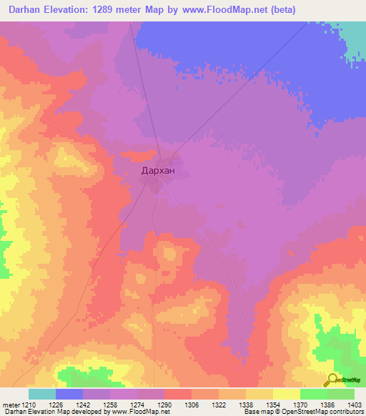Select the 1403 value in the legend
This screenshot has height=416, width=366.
pyautogui.click(x=355, y=404)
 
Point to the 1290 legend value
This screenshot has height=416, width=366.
pyautogui.click(x=164, y=404)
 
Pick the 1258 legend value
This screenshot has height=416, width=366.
pyautogui.click(x=110, y=404)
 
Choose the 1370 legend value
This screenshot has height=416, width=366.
pyautogui.click(x=300, y=404)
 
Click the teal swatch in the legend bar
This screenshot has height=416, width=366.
pyautogui.click(x=42, y=394)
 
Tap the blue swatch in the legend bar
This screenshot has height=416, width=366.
pyautogui.click(x=69, y=394)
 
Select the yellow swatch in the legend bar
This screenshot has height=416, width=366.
pyautogui.click(x=287, y=394)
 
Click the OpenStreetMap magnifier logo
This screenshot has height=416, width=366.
pyautogui.click(x=333, y=380)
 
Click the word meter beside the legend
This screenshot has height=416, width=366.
pyautogui.click(x=11, y=404)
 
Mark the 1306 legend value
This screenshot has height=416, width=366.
pyautogui.click(x=192, y=404)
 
